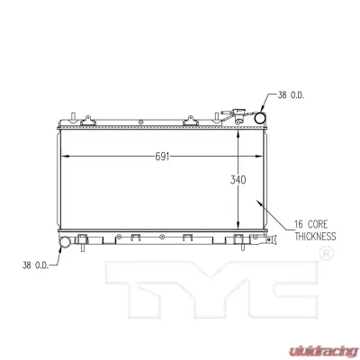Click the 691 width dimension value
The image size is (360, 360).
pos(164,155)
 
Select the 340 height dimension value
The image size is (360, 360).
pos(238,179)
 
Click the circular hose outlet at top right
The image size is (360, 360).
pos(261,118)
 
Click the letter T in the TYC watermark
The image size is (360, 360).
pos(135,286)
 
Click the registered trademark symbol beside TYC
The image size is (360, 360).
pos(327,255)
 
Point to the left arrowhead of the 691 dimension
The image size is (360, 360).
pos(63,155)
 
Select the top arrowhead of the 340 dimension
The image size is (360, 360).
pos(238,132)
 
